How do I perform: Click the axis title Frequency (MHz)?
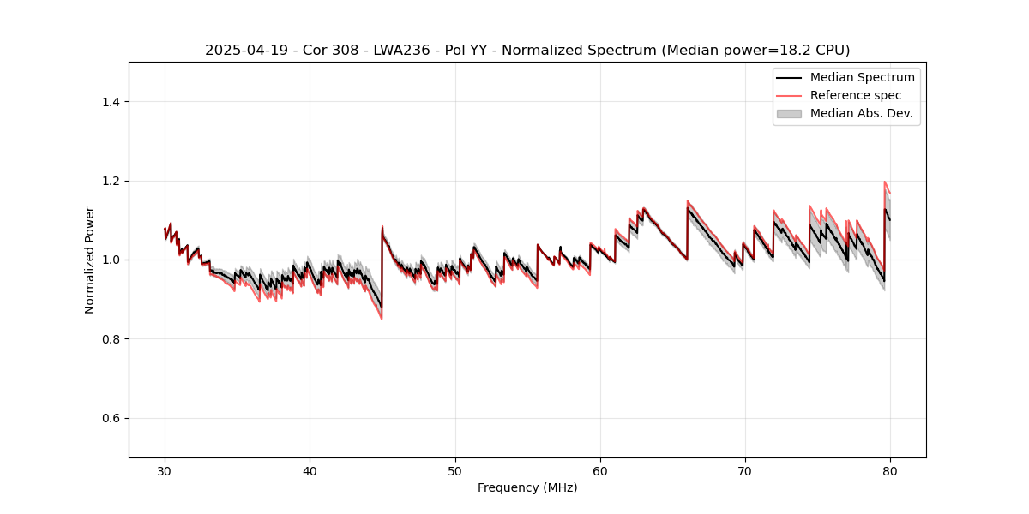[x=527, y=487]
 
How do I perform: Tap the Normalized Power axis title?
[x=90, y=260]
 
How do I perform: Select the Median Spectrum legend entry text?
[x=862, y=78]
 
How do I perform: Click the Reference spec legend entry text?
[x=855, y=95]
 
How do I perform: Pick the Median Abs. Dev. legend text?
[x=861, y=113]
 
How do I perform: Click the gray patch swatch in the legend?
[x=789, y=113]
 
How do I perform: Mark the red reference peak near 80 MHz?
[x=884, y=182]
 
